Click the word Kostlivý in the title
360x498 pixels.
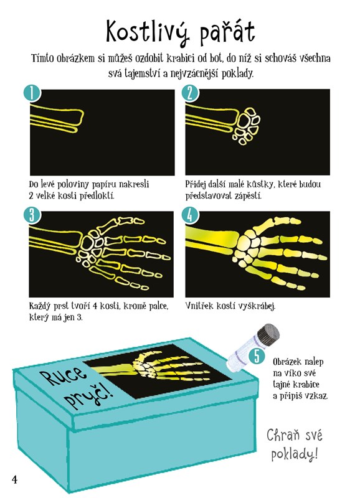click(146, 32)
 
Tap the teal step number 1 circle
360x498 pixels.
click(32, 94)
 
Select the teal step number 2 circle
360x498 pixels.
click(190, 94)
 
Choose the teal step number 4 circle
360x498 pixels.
click(190, 215)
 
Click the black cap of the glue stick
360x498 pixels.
click(268, 336)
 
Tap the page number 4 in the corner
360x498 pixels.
click(14, 479)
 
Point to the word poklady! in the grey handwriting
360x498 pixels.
click(295, 454)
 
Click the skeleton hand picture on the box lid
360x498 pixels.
click(159, 371)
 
